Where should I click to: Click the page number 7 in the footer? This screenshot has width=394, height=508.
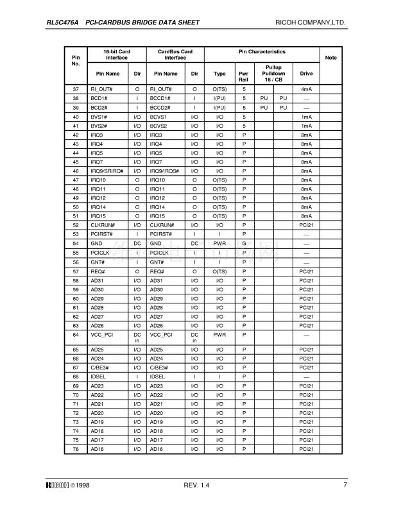345,484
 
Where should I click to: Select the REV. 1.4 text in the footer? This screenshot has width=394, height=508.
196,484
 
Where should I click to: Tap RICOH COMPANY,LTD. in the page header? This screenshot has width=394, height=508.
311,22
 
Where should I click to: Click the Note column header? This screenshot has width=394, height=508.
331,58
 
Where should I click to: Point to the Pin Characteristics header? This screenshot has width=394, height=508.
262,51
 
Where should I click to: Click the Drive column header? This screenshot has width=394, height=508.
306,74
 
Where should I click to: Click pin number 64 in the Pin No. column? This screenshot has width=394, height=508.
76,334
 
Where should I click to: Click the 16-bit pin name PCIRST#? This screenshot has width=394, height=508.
100,235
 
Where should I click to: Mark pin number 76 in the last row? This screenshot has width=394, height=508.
76,450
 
